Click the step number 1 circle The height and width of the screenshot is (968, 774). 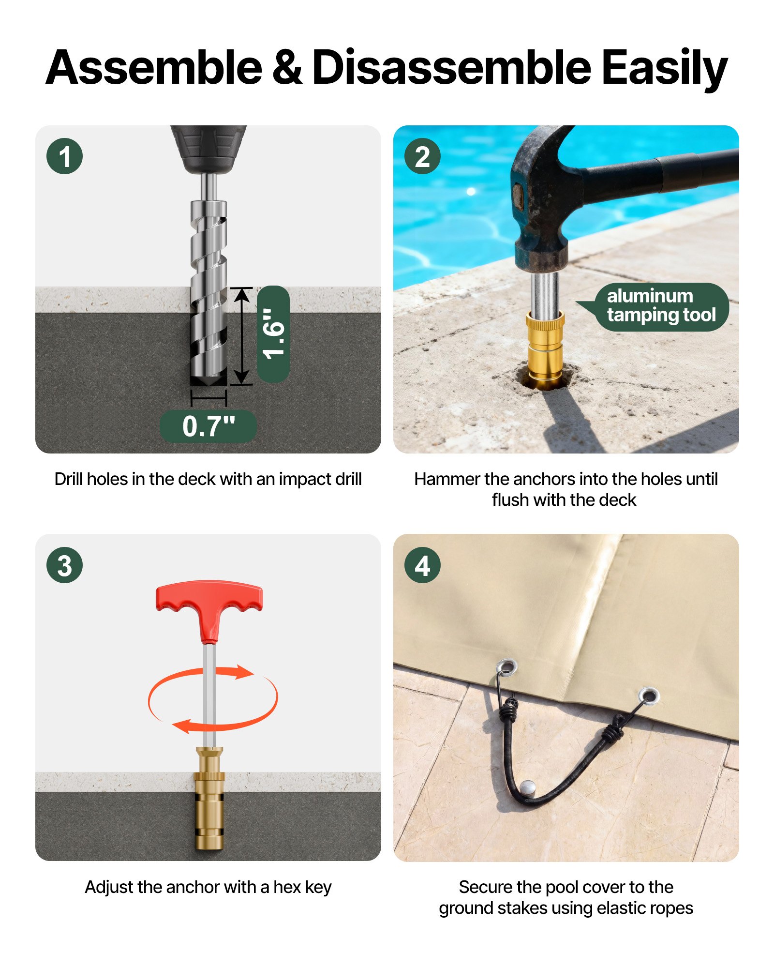pos(65,156)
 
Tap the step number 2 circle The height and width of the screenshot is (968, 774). pos(422,156)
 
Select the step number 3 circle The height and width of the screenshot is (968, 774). pos(65,565)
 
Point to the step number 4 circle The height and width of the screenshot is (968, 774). pos(422,565)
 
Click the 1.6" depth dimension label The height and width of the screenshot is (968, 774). pos(273,334)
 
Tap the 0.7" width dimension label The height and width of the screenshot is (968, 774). pos(208,426)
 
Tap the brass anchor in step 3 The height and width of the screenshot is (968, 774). pos(209,799)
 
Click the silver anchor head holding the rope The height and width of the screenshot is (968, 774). pos(527,787)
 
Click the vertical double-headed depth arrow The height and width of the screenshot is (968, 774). pos(241,336)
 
